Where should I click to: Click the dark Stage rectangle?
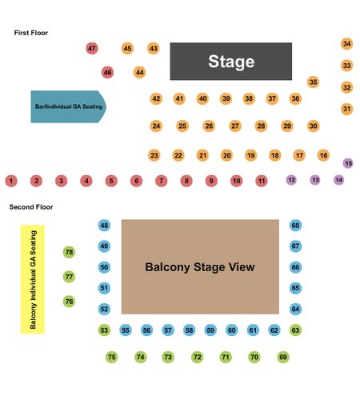(231, 62)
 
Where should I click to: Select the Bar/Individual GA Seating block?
(69, 106)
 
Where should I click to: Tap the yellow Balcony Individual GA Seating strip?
(33, 279)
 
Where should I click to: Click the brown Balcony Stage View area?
(200, 266)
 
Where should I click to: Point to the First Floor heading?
(31, 33)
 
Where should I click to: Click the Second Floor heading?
(31, 207)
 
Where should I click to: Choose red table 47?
(92, 49)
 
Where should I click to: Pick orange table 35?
(314, 82)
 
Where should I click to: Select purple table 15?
(348, 163)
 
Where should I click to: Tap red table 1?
(11, 181)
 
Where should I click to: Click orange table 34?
(347, 43)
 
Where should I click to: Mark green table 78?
(69, 252)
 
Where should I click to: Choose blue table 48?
(104, 226)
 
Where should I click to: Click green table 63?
(295, 330)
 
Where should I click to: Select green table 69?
(283, 357)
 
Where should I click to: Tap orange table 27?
(235, 126)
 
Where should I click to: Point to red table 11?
(262, 181)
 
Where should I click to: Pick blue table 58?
(189, 330)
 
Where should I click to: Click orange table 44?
(139, 72)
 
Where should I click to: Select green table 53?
(104, 330)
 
